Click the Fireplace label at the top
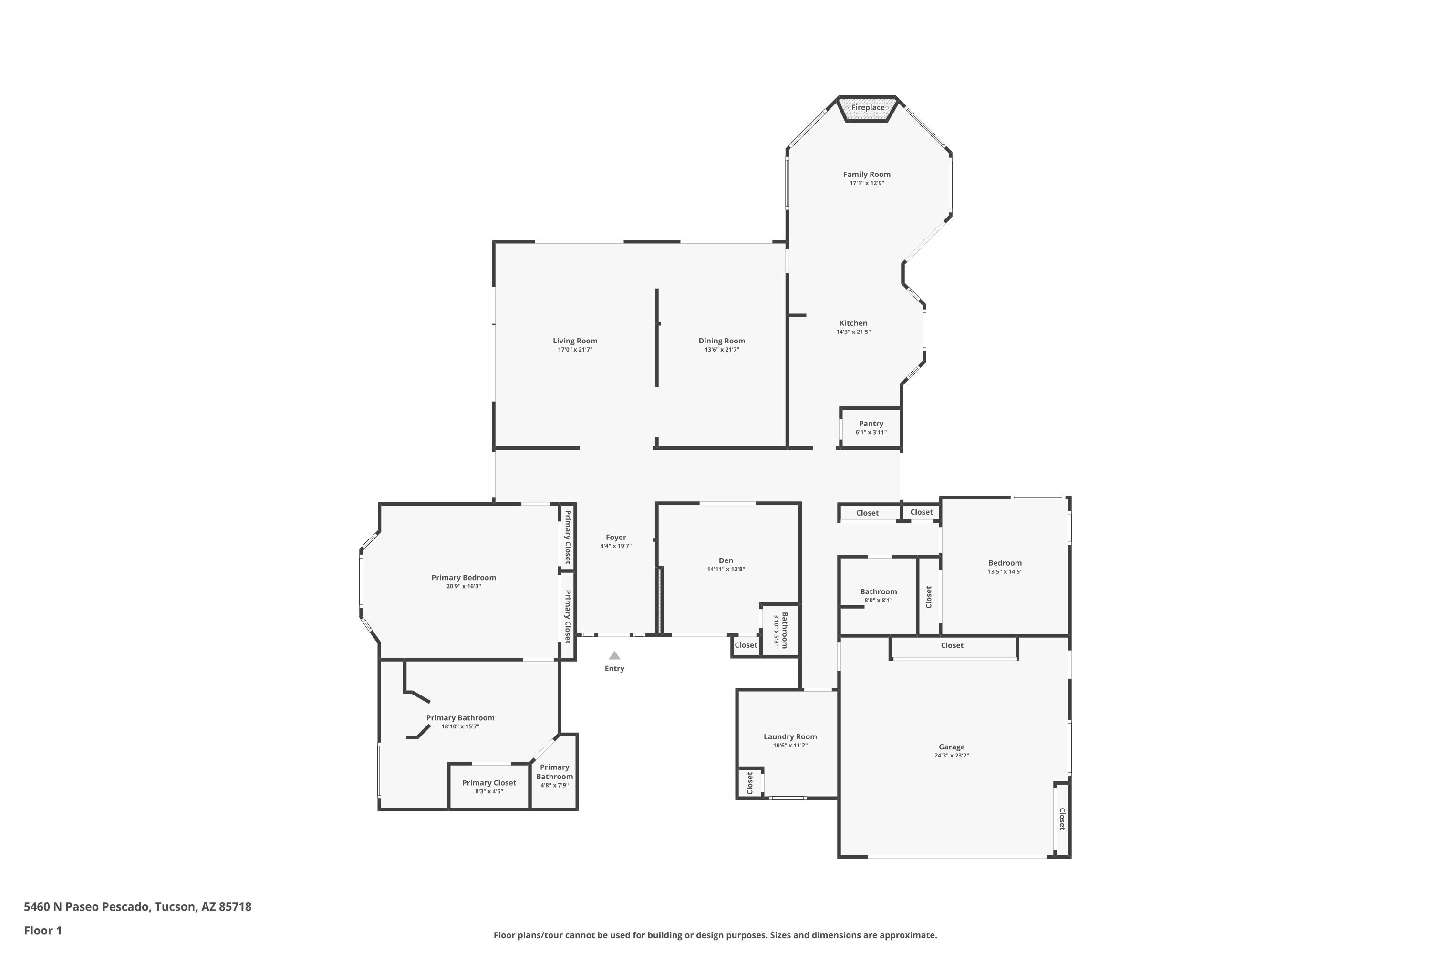coord(868,108)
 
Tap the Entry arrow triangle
coord(614,655)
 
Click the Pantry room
coord(871,428)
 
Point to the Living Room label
coord(575,341)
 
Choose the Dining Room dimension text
coord(722,350)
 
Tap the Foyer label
coord(616,537)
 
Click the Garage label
coord(952,747)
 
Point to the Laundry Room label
coord(790,736)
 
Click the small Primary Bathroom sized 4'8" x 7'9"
coord(554,775)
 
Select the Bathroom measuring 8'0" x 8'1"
coord(878,596)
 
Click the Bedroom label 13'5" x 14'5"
coord(1005,563)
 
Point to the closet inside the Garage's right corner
coord(1062,819)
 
